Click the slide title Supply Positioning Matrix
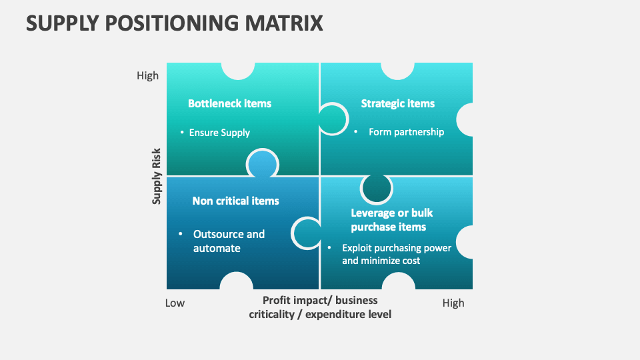[175, 23]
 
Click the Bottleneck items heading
[229, 103]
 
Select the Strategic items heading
[397, 103]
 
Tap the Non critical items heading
[235, 201]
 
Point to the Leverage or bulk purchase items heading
[391, 220]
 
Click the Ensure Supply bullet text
[219, 133]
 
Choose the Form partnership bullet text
[406, 132]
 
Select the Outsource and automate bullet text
[229, 241]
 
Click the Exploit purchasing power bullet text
[397, 254]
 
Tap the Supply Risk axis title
[157, 175]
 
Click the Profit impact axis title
[320, 307]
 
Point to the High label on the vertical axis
[147, 75]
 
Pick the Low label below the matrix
[175, 303]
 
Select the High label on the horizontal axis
[453, 303]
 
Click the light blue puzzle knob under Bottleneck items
[262, 164]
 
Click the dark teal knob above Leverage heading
[377, 189]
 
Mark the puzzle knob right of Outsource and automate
[307, 233]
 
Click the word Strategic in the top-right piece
[383, 103]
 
